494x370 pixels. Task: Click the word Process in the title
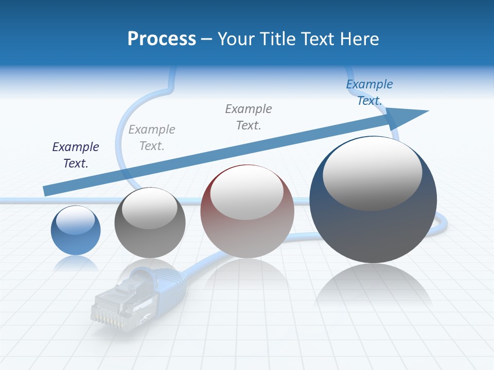coord(162,39)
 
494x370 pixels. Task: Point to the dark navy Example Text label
coord(76,155)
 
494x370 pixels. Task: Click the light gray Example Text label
coord(152,138)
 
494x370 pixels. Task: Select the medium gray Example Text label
coord(249,117)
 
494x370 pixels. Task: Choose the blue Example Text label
coord(369,92)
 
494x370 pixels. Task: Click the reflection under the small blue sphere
coord(76,264)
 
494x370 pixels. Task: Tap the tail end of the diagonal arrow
coord(47,190)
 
